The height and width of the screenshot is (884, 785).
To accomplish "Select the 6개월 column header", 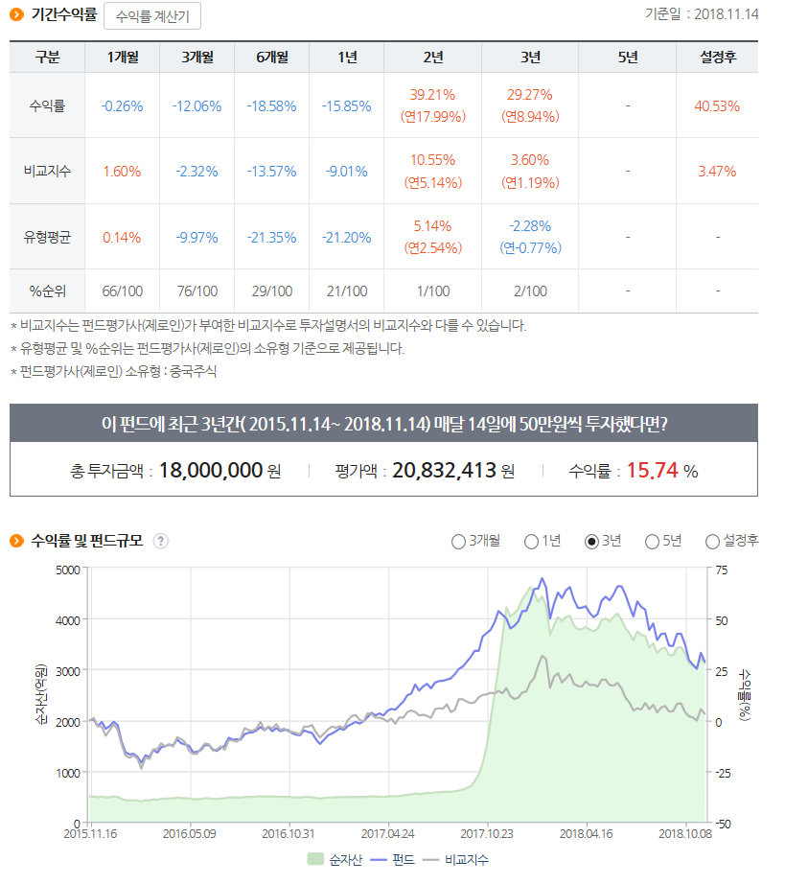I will pos(271,58).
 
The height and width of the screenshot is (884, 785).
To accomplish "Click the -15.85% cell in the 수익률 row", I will pos(346,105).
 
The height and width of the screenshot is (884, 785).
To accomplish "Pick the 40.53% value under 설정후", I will pos(717,105).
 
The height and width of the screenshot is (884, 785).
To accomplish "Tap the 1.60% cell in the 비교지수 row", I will pos(122,172).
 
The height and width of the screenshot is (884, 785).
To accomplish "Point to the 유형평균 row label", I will pos(47,237).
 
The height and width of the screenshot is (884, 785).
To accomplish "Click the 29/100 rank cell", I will pos(271,291).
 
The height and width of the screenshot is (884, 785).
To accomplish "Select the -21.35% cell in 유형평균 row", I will pos(271,237).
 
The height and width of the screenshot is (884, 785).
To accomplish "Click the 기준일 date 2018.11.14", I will pos(726,14).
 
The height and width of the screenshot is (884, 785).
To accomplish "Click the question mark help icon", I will pos(161,541).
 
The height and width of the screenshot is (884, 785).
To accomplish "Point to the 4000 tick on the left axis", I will pos(67,619).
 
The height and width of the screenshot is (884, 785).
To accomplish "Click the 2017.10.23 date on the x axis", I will pos(487,834).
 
